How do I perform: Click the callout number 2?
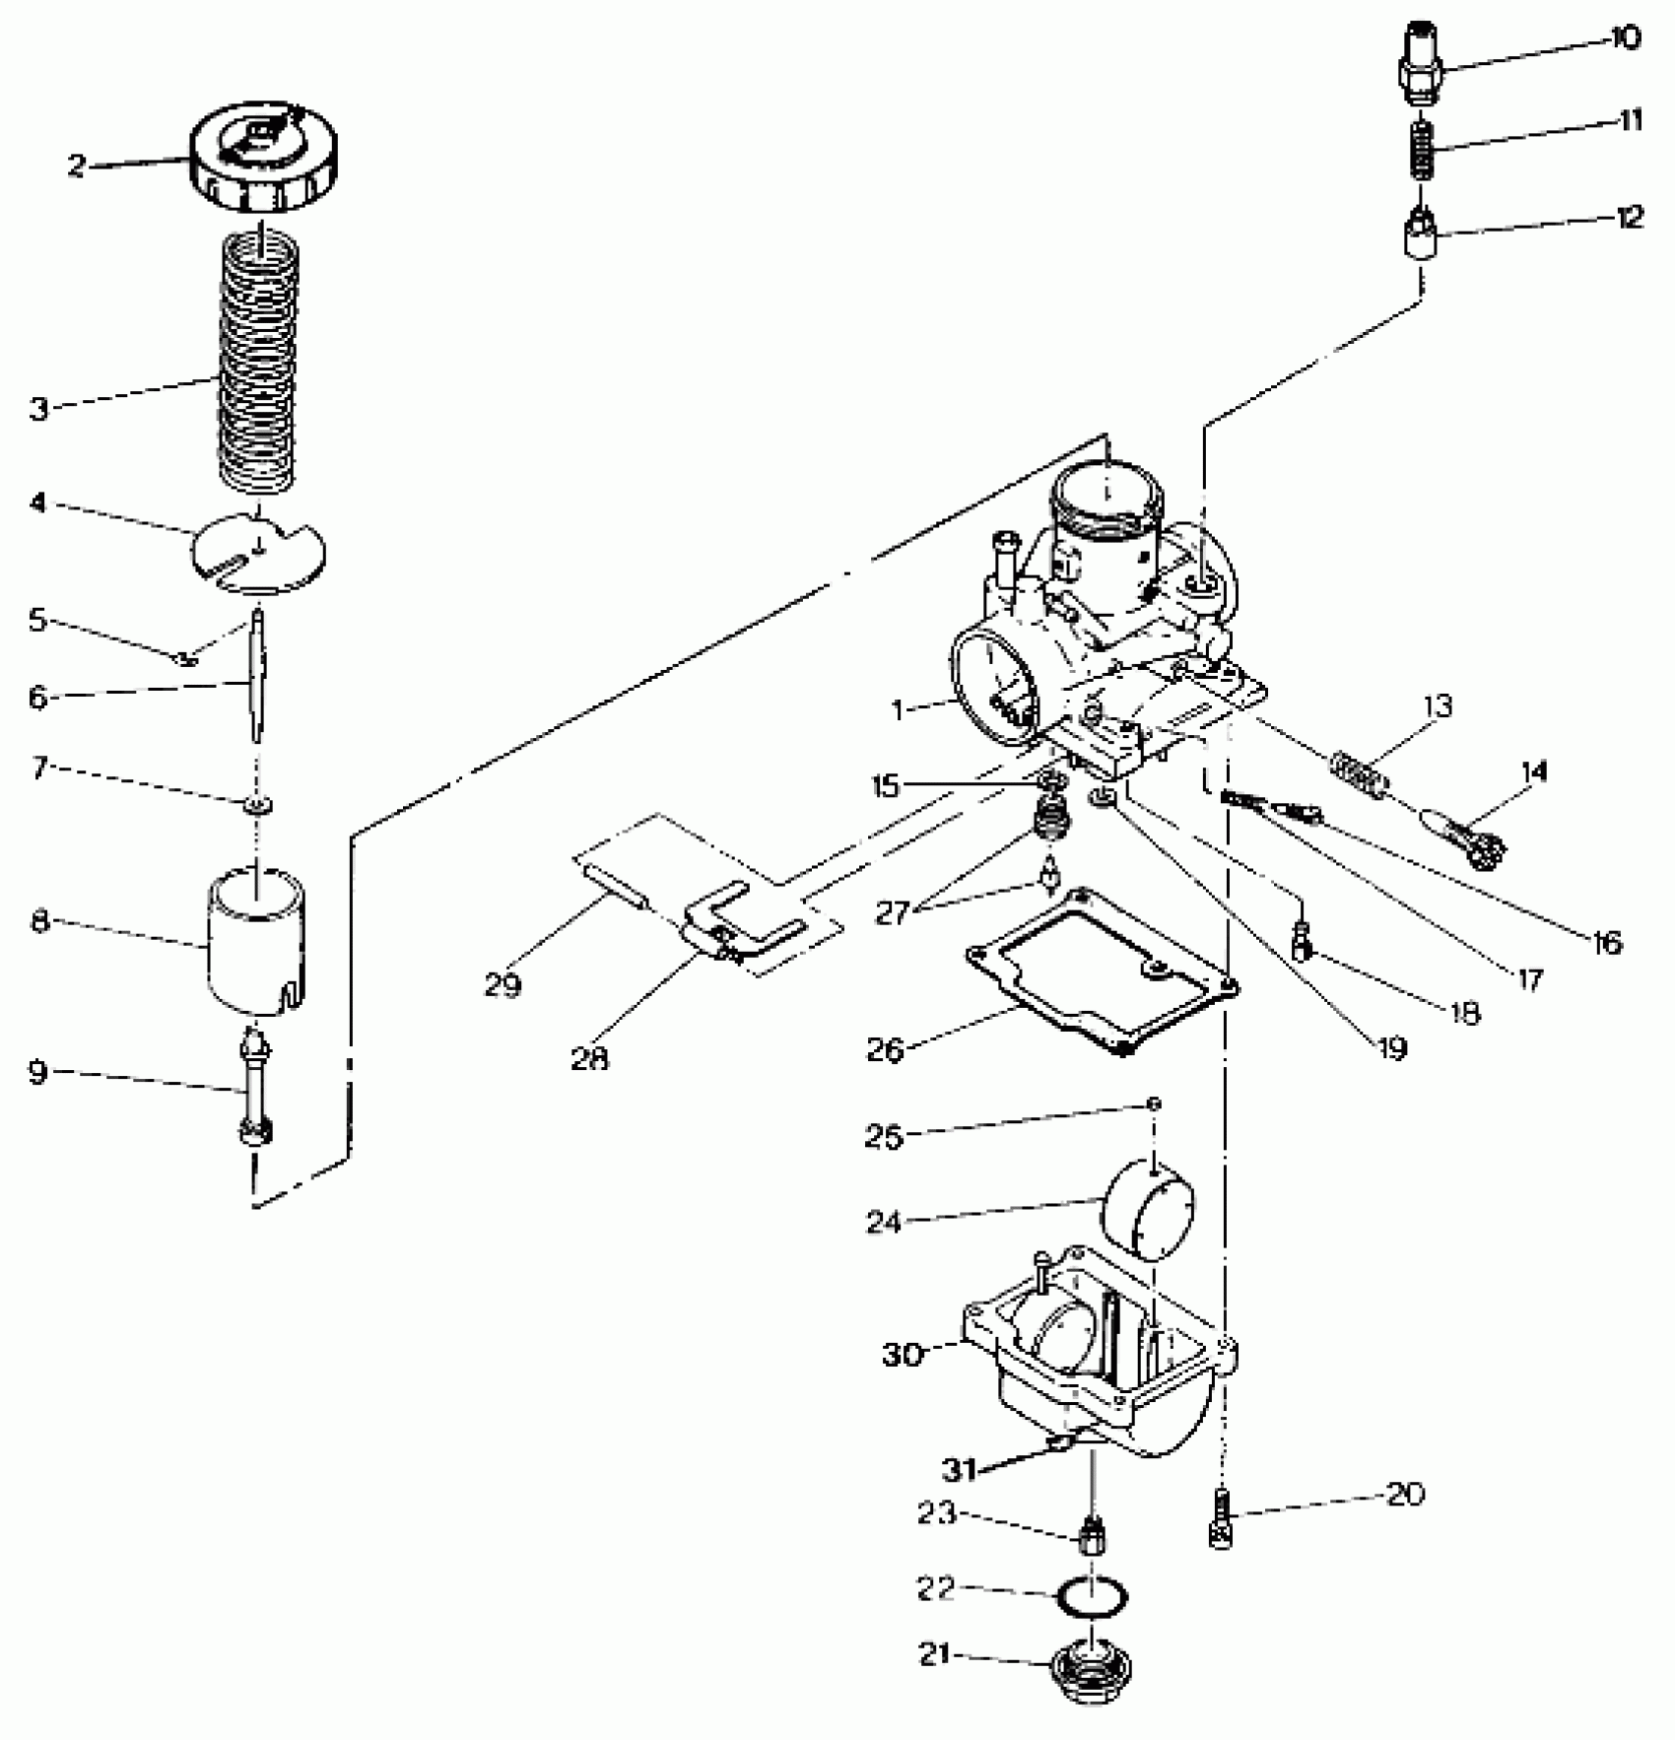pos(77,166)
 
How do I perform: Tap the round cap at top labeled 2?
pos(263,158)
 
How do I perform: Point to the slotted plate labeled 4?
pos(257,555)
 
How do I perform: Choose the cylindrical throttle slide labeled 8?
pos(256,936)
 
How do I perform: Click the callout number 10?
pos(1625,39)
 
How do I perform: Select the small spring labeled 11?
pos(1420,149)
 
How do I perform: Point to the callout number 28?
pos(589,1059)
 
